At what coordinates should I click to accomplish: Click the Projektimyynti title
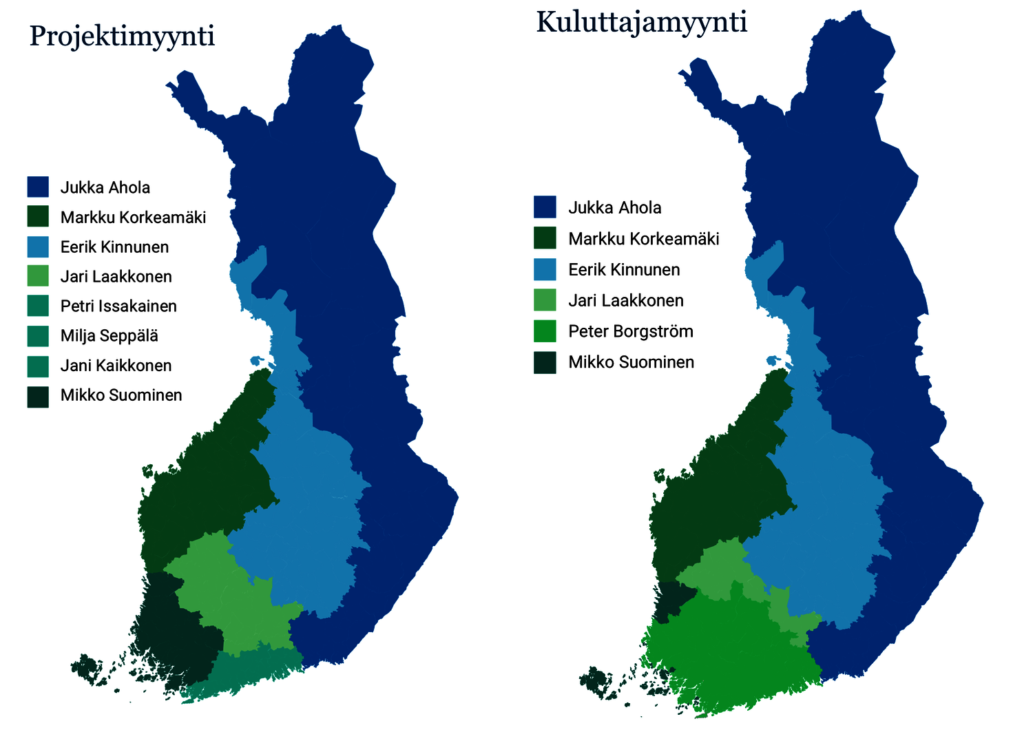(x=122, y=36)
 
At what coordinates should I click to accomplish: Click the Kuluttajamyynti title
(x=641, y=23)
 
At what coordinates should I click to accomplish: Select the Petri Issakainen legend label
(x=118, y=306)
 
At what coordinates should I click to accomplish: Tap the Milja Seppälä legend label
(x=109, y=336)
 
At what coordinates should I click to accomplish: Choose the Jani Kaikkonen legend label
(x=116, y=366)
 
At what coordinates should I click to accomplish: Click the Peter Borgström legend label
(x=630, y=331)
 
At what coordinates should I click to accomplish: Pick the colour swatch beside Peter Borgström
(x=545, y=331)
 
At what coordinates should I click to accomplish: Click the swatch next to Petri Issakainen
(x=38, y=306)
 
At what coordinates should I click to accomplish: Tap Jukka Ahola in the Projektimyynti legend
(x=105, y=188)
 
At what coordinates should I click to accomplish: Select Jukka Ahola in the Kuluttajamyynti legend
(x=614, y=208)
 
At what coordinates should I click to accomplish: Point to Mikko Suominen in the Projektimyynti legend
(x=121, y=395)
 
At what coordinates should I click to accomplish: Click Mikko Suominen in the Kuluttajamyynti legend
(x=631, y=362)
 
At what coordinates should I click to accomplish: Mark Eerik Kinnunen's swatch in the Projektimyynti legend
(x=38, y=247)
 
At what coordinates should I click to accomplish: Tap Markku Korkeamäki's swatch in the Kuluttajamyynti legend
(x=545, y=239)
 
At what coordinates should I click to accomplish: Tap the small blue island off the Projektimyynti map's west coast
(x=258, y=360)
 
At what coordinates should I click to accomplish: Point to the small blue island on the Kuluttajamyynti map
(x=773, y=360)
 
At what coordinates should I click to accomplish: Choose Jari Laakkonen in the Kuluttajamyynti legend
(x=625, y=301)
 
